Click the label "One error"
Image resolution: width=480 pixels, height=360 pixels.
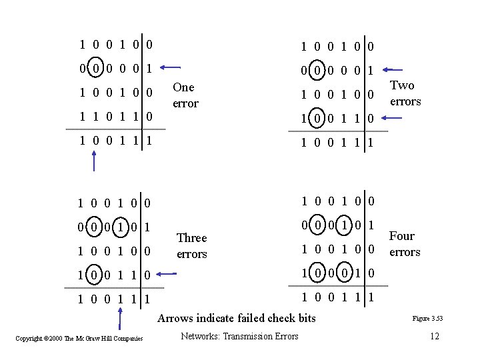185,95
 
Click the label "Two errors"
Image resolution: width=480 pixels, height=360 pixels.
405,93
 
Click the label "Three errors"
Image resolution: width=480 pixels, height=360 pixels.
191,246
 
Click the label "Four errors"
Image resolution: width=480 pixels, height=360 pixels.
404,244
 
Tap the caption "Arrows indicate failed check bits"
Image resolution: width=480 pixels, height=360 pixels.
237,318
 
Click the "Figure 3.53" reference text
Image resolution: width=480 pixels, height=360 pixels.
427,319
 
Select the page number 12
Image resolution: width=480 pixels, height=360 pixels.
435,336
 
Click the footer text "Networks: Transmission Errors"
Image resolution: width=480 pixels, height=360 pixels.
239,336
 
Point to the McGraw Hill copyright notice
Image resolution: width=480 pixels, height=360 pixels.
79,339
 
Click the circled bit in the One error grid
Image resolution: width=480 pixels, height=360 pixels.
96,68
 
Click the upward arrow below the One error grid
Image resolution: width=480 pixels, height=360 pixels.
95,161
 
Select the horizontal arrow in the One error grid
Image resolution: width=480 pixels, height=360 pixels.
171,67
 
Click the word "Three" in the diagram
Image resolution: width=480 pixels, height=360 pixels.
191,238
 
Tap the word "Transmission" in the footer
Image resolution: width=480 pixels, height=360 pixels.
243,336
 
